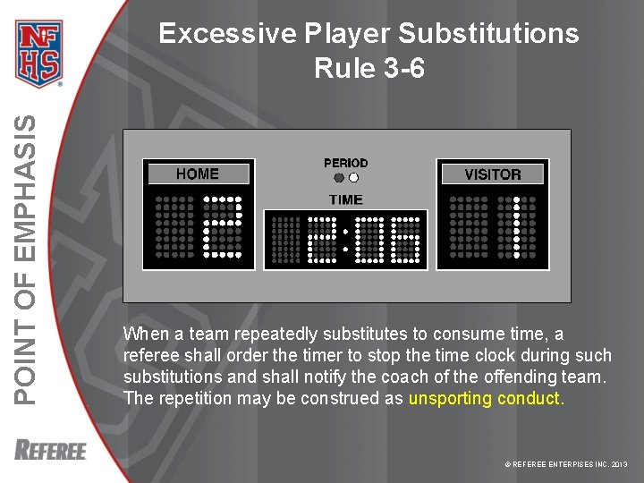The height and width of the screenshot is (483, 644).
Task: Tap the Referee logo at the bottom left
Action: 50,449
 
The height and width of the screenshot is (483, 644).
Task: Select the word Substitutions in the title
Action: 488,34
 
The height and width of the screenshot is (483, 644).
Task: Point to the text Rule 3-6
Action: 369,68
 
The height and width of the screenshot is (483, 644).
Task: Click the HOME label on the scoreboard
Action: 198,174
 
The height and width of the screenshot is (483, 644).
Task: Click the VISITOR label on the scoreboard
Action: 492,174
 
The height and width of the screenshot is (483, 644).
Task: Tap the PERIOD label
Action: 345,163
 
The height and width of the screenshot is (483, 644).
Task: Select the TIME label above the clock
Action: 345,199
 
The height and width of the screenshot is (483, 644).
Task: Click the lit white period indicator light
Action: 353,177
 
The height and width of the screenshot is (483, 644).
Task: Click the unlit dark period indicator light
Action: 339,177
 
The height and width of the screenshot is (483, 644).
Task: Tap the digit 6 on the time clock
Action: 407,240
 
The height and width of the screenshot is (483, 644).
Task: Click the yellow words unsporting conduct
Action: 486,399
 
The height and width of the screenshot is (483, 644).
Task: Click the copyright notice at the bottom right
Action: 566,465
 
